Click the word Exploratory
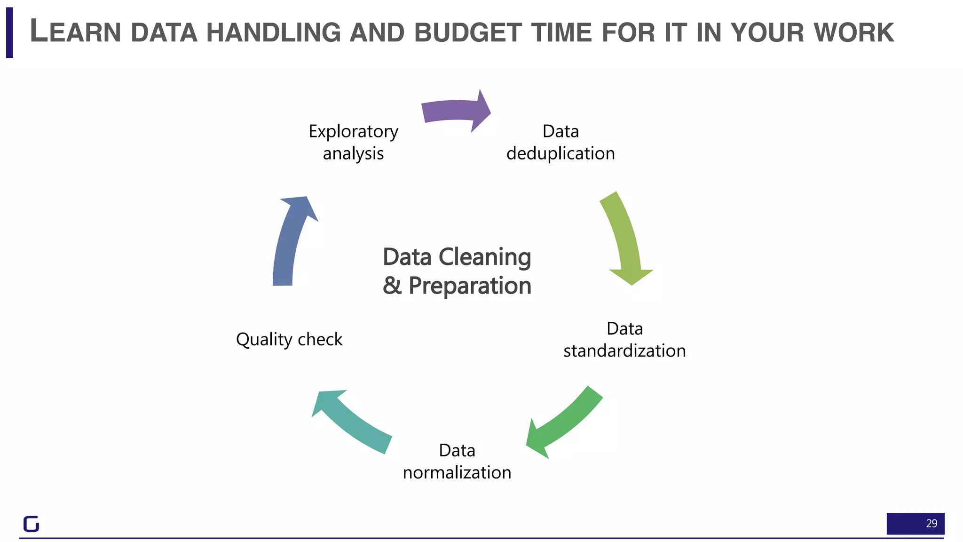pos(353,131)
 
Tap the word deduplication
pos(560,153)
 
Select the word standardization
pos(624,351)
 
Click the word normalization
pos(457,472)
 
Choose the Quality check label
pos(289,339)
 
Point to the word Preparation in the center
pos(470,286)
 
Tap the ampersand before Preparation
pos(392,286)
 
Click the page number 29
pos(931,523)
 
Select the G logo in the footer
pos(32,524)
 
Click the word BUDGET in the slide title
pos(468,32)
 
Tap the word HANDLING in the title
pos(274,32)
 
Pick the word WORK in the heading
pos(853,32)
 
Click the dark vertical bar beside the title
pos(9,32)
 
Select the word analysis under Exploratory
pos(353,154)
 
